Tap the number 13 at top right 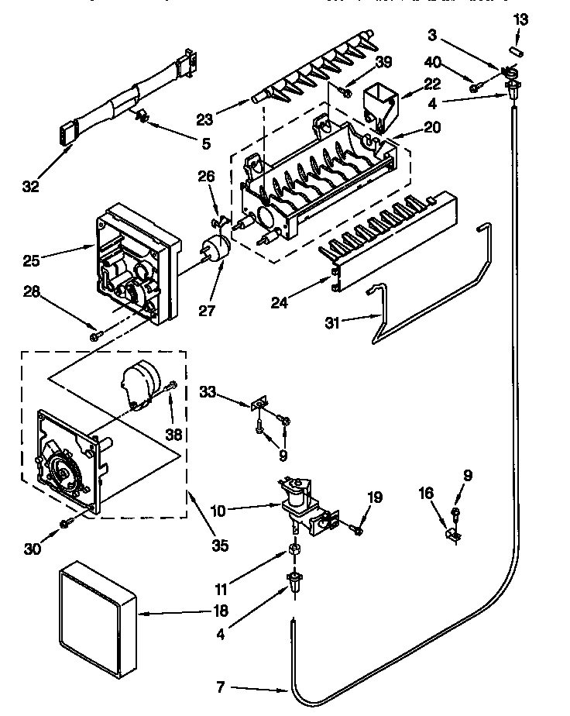click(x=520, y=19)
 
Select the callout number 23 click(x=204, y=119)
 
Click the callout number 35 click(x=220, y=545)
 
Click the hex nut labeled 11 click(x=294, y=549)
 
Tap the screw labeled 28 click(x=95, y=335)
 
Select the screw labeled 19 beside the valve click(x=356, y=530)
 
